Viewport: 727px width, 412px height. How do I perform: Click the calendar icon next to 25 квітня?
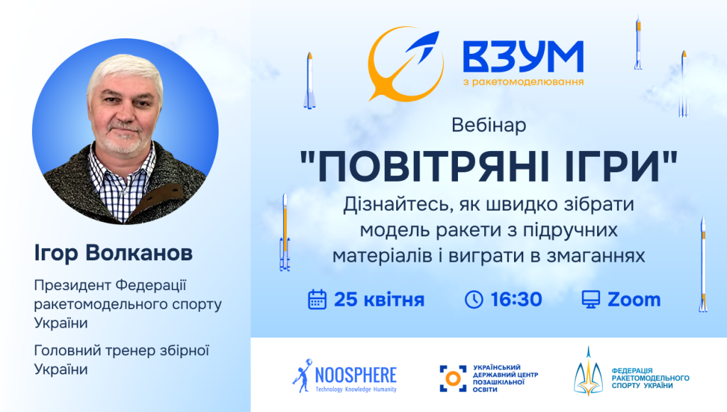pos(317,299)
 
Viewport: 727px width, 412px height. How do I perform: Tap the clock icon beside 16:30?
pos(474,299)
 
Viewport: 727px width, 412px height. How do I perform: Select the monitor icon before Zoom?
pos(591,299)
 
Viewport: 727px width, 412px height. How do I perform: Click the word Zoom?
pos(634,299)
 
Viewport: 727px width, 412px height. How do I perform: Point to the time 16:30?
pos(516,299)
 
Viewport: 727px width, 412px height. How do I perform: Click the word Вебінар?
pos(488,126)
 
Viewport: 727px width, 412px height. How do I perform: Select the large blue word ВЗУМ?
pos(523,57)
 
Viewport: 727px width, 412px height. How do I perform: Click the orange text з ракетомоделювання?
pos(523,82)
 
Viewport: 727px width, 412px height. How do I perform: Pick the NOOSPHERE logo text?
pos(356,375)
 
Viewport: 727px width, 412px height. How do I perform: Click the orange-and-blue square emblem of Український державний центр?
pos(453,378)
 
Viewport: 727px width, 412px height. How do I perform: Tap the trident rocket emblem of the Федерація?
pos(588,373)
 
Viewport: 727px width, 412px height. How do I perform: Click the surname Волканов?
pos(139,252)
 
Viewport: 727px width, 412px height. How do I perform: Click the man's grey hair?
pos(125,70)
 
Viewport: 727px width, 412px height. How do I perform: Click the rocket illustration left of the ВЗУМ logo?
pos(310,81)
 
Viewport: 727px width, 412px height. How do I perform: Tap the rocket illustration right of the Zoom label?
pos(704,264)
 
